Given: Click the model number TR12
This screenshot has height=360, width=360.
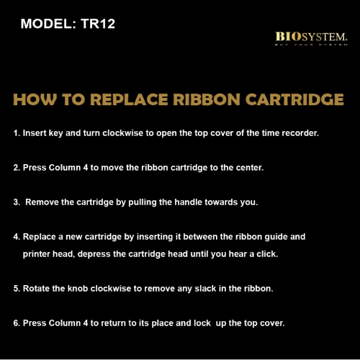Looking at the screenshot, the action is (98, 24).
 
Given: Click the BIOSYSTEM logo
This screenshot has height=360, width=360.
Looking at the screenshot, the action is (311, 38).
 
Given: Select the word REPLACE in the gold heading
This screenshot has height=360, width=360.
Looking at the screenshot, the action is (129, 99).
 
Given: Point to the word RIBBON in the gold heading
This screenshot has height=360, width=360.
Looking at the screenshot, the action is (207, 99).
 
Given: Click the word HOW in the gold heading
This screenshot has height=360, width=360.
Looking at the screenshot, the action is (35, 99).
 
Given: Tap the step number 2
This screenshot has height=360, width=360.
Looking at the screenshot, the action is (17, 168).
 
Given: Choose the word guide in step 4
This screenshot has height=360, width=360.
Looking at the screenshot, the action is (276, 237).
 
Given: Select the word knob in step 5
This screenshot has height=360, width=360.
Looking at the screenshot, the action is (78, 289).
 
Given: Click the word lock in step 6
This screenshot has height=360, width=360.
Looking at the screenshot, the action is (202, 323).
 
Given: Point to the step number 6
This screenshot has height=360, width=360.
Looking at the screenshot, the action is (17, 323).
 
